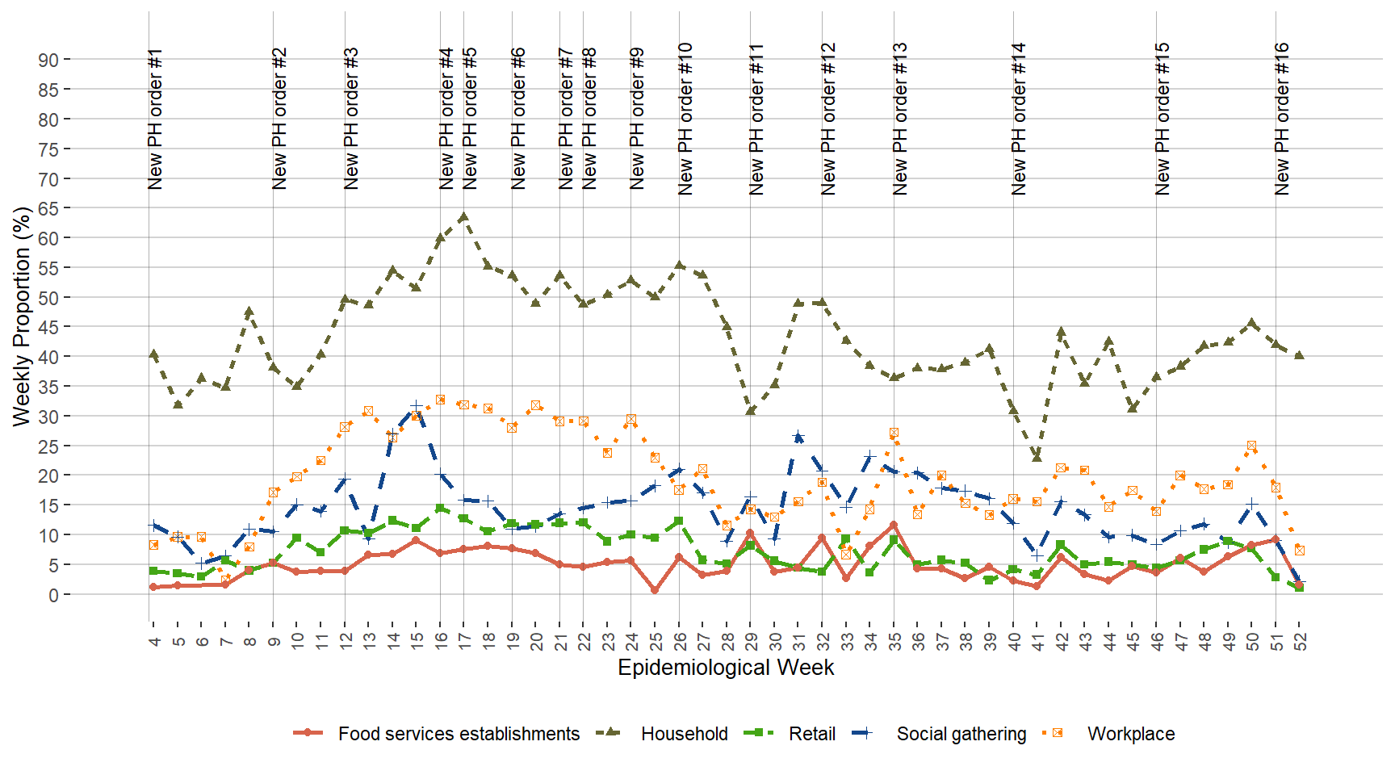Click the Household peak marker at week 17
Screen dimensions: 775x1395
pyautogui.click(x=463, y=216)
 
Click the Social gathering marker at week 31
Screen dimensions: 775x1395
pyautogui.click(x=798, y=437)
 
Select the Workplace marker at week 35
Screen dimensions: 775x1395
pyautogui.click(x=894, y=433)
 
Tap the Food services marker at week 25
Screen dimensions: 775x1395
pyautogui.click(x=655, y=590)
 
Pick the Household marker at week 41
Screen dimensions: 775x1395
pyautogui.click(x=1037, y=457)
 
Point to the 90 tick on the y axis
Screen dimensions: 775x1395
pyautogui.click(x=48, y=60)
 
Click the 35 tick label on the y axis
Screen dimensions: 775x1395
pyautogui.click(x=48, y=386)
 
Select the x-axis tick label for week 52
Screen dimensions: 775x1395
pyautogui.click(x=1300, y=641)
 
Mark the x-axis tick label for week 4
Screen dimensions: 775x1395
pyautogui.click(x=153, y=641)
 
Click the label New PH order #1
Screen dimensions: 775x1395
pyautogui.click(x=156, y=119)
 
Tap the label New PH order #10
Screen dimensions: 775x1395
pyautogui.click(x=685, y=119)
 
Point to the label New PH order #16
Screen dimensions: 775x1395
pyautogui.click(x=1282, y=119)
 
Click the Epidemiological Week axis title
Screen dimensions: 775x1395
pyautogui.click(x=726, y=668)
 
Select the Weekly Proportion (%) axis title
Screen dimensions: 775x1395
pyautogui.click(x=22, y=316)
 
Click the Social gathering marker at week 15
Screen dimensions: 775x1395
pyautogui.click(x=416, y=406)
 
